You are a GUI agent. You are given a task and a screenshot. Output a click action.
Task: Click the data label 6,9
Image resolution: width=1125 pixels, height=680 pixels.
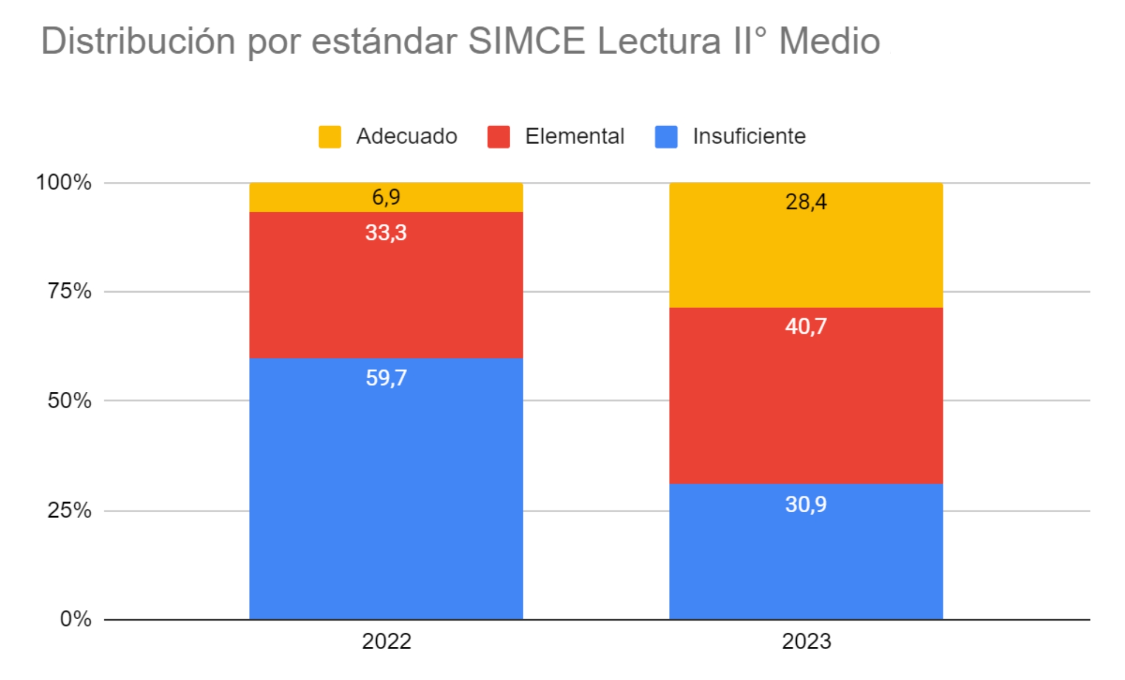click(386, 197)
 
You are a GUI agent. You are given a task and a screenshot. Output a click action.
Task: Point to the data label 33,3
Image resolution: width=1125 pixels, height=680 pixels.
click(386, 232)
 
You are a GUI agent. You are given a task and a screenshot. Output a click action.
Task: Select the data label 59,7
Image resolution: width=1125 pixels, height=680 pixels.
click(386, 378)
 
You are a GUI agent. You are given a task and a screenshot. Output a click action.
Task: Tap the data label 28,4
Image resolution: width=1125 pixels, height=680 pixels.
click(806, 202)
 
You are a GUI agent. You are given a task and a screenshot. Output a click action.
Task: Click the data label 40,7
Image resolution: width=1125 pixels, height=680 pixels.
click(806, 326)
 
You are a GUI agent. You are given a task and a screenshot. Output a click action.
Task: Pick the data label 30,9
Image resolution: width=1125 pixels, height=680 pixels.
click(806, 504)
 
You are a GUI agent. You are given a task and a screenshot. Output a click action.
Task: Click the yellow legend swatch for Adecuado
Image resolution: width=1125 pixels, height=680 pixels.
click(330, 137)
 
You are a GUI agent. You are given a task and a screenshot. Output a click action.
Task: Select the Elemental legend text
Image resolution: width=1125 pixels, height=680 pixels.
click(574, 136)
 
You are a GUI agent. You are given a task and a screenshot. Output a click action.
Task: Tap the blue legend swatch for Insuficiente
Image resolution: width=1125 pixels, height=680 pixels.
click(666, 137)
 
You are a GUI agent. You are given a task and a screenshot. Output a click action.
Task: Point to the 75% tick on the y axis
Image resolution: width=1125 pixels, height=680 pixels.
click(69, 291)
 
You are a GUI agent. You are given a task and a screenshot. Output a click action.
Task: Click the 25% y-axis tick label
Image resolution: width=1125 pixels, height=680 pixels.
click(69, 510)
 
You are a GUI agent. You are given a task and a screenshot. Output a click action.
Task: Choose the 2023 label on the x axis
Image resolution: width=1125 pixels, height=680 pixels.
click(806, 641)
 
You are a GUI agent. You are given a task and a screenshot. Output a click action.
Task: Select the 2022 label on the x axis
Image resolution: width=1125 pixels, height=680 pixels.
click(386, 641)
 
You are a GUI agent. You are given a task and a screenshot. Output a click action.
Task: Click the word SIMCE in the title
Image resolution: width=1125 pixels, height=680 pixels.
click(526, 41)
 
